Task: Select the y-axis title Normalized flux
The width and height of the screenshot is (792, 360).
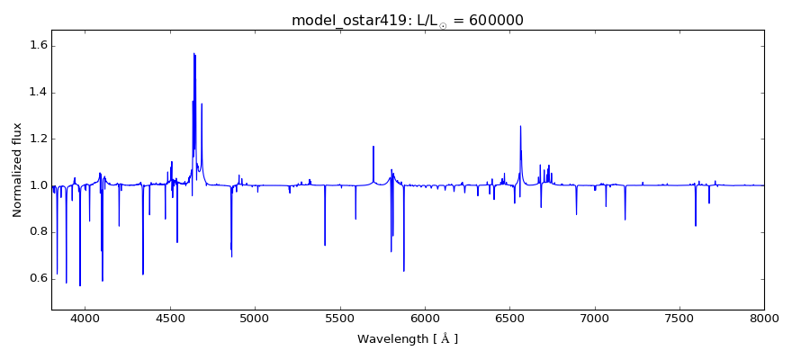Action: (18, 171)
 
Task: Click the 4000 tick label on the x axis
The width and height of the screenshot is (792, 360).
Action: (85, 318)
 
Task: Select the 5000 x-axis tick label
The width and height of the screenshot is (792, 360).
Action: (255, 318)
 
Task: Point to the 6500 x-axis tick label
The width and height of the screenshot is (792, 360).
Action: (509, 318)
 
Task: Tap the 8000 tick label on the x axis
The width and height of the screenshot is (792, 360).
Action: (764, 318)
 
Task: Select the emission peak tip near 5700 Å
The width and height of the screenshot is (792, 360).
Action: (373, 147)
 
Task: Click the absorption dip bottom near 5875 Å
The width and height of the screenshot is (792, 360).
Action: (403, 271)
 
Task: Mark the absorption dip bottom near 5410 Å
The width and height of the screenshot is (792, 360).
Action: (325, 245)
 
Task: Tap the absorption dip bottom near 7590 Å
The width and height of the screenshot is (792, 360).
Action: (696, 225)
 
